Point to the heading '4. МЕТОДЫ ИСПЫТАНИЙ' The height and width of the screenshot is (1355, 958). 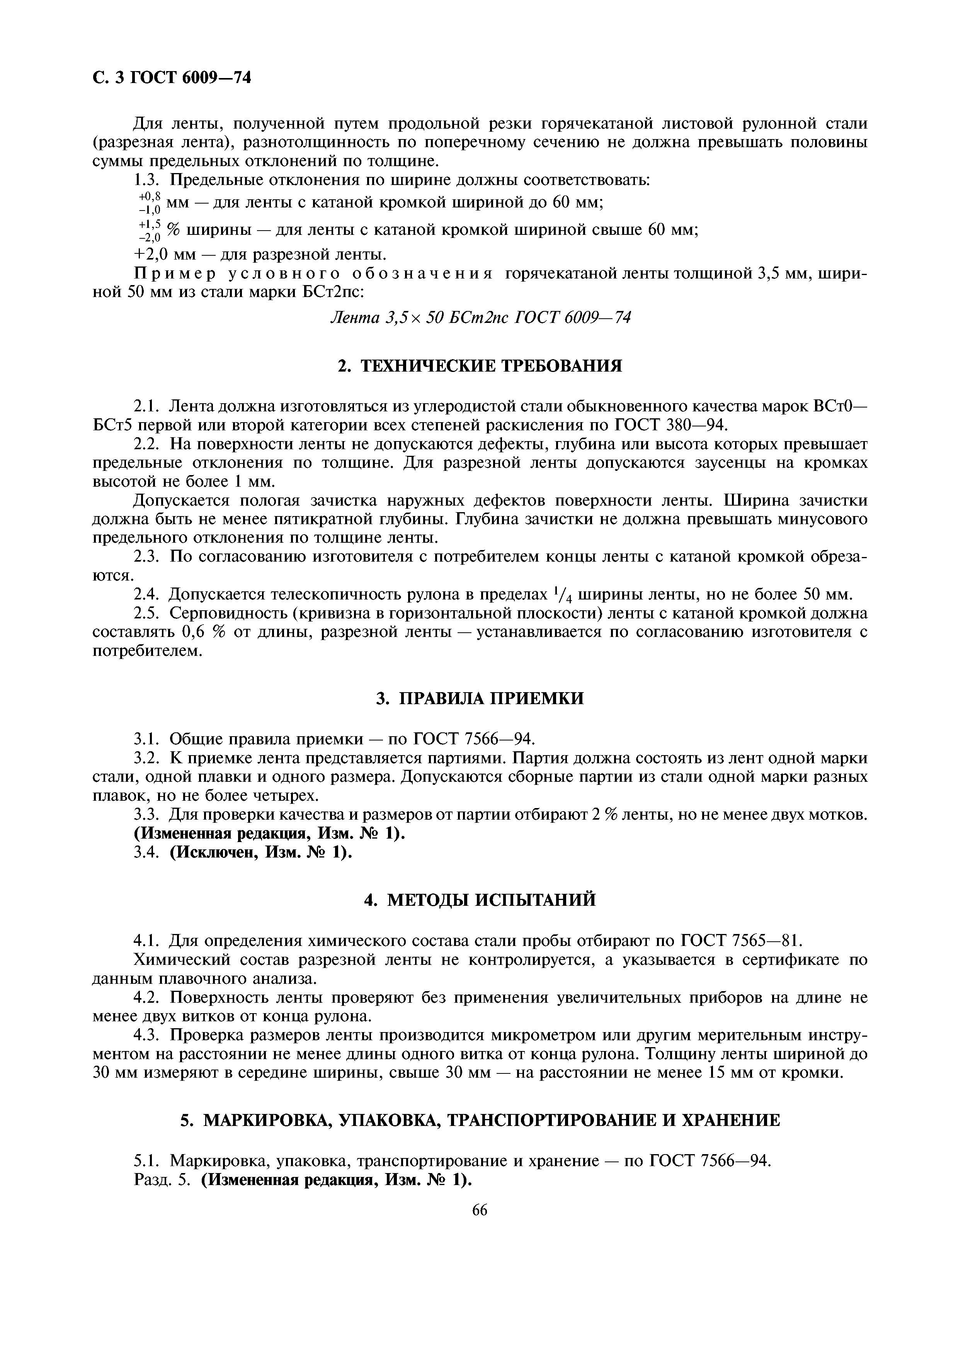coord(479,900)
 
